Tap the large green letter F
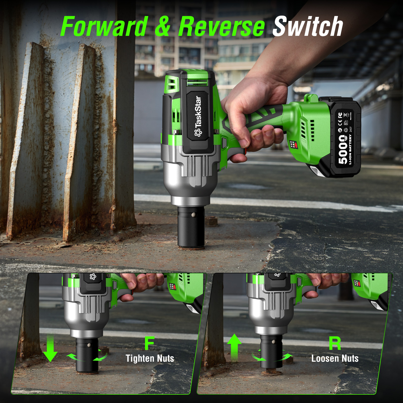tap(149, 343)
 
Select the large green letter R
tap(335, 343)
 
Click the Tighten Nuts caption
tap(150, 358)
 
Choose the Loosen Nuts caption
tap(335, 358)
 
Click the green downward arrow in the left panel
tap(50, 349)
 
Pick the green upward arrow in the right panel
tap(234, 348)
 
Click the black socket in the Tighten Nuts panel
tap(87, 355)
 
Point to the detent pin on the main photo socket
tap(193, 215)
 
